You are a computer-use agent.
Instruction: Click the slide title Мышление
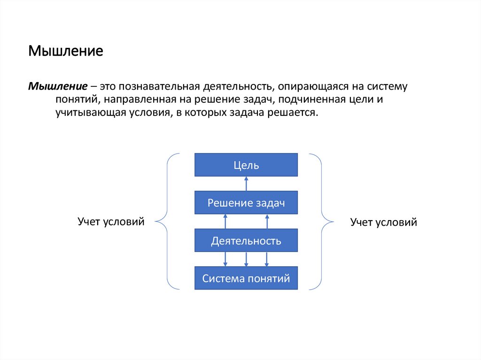pyautogui.click(x=66, y=51)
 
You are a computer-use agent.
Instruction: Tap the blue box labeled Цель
pyautogui.click(x=246, y=165)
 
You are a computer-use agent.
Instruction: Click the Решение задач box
pyautogui.click(x=246, y=203)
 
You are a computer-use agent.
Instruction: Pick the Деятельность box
pyautogui.click(x=246, y=241)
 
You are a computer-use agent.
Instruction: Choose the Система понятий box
pyautogui.click(x=246, y=278)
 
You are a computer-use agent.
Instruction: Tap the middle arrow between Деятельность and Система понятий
pyautogui.click(x=246, y=259)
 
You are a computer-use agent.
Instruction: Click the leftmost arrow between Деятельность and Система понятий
pyautogui.click(x=225, y=259)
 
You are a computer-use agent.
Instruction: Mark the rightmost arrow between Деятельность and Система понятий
pyautogui.click(x=267, y=259)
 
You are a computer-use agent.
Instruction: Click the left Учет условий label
pyautogui.click(x=110, y=221)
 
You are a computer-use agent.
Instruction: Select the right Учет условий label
pyautogui.click(x=384, y=222)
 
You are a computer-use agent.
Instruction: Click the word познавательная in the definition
pyautogui.click(x=161, y=87)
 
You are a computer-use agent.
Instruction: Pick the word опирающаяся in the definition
pyautogui.click(x=309, y=87)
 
